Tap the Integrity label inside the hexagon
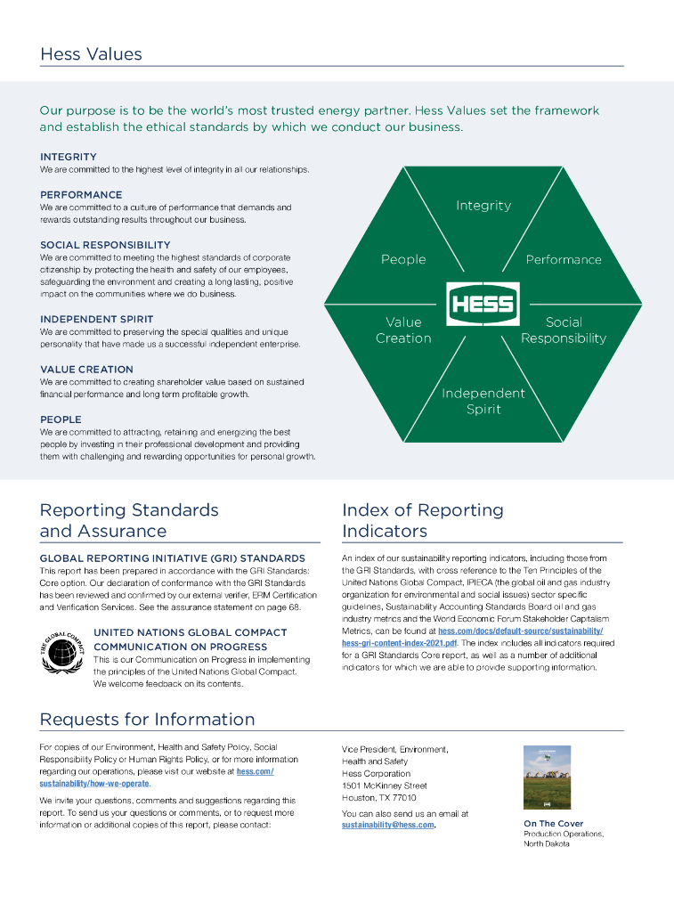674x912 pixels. [483, 206]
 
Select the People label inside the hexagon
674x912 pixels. [403, 260]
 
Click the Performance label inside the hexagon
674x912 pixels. [564, 260]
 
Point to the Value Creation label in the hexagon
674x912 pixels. [403, 330]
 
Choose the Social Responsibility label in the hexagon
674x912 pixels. [564, 330]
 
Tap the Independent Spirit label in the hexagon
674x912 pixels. [483, 402]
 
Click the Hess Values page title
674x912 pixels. [91, 54]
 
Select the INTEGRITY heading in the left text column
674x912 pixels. [69, 157]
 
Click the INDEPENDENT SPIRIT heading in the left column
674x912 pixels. [96, 319]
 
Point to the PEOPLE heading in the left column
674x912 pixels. [61, 419]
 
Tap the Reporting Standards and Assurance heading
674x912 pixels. [129, 521]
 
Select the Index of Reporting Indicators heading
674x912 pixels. [422, 521]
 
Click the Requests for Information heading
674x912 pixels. [147, 720]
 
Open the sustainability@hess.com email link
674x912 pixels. [387, 826]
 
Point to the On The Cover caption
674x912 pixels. [553, 824]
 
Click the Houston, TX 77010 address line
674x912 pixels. [378, 798]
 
